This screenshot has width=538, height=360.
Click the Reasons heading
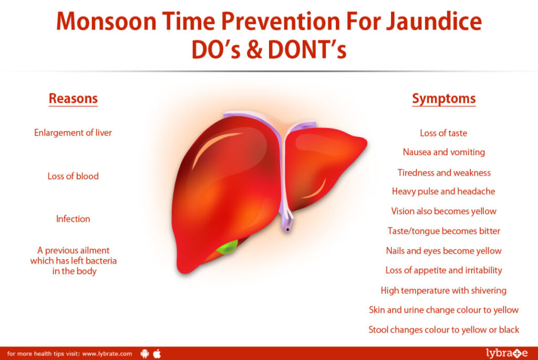[x=73, y=98]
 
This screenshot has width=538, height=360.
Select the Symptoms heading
[x=443, y=98]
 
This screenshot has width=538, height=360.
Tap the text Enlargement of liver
[x=73, y=132]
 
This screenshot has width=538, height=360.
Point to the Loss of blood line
[x=73, y=176]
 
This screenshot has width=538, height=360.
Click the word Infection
[x=73, y=219]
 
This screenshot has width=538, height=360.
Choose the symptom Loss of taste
[x=443, y=133]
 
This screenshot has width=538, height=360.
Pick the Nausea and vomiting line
[x=443, y=152]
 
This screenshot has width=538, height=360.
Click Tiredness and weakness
[x=443, y=172]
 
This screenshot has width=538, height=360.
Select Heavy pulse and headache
[x=443, y=191]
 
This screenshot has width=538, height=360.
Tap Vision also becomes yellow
[x=443, y=211]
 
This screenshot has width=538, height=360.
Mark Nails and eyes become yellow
[x=443, y=251]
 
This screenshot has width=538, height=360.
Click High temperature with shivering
[x=443, y=290]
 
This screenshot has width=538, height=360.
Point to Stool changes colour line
[x=443, y=330]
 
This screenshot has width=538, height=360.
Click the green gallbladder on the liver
[x=227, y=247]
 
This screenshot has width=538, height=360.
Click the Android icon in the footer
[x=145, y=354]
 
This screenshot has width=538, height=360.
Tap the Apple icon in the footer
[x=157, y=353]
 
